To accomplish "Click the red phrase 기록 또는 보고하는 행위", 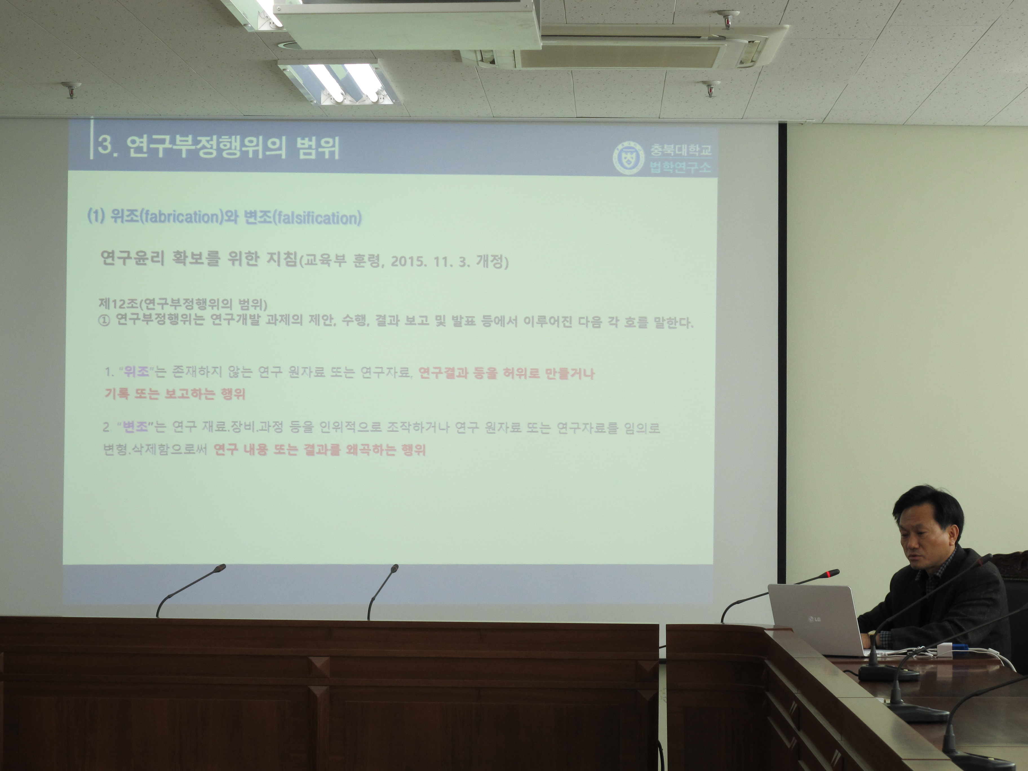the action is (175, 395).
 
